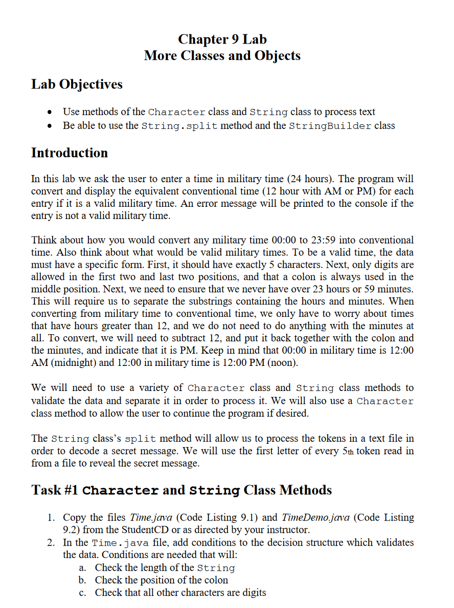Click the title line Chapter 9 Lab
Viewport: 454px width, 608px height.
[x=222, y=39]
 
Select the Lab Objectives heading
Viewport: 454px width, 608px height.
[x=77, y=84]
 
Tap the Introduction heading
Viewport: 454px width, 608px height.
[x=70, y=153]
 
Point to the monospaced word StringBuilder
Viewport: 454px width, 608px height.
[x=330, y=126]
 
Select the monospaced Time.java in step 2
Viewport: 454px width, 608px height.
[x=113, y=542]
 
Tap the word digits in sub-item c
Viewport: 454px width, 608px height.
[x=252, y=592]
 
